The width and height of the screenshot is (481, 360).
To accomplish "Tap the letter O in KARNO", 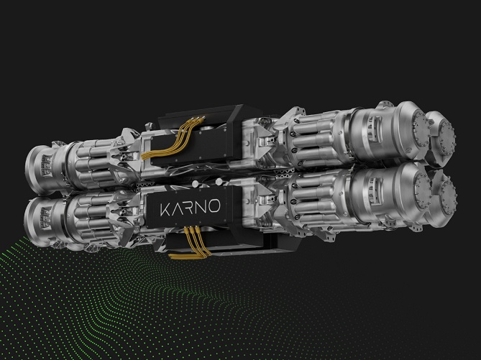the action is [214, 206].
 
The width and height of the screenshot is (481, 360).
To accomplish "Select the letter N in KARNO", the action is [201, 207].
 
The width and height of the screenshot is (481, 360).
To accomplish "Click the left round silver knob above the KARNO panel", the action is [195, 184].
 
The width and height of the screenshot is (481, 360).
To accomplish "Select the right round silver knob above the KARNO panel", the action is [219, 182].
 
